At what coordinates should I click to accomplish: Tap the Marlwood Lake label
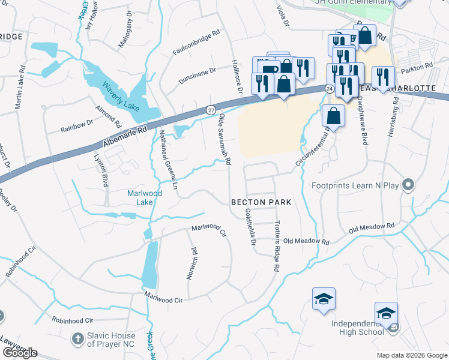[x=140, y=197]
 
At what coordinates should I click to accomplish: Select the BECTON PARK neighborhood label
[x=261, y=202]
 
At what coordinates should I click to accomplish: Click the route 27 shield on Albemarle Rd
[x=211, y=110]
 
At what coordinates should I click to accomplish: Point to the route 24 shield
[x=330, y=88]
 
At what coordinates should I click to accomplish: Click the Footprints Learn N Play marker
[x=409, y=185]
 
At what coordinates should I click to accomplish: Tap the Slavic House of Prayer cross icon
[x=77, y=339]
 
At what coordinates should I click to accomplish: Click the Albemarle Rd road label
[x=124, y=137]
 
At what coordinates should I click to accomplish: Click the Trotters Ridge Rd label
[x=277, y=247]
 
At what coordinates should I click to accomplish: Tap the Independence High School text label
[x=358, y=328]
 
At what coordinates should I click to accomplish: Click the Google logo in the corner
[x=20, y=353]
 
